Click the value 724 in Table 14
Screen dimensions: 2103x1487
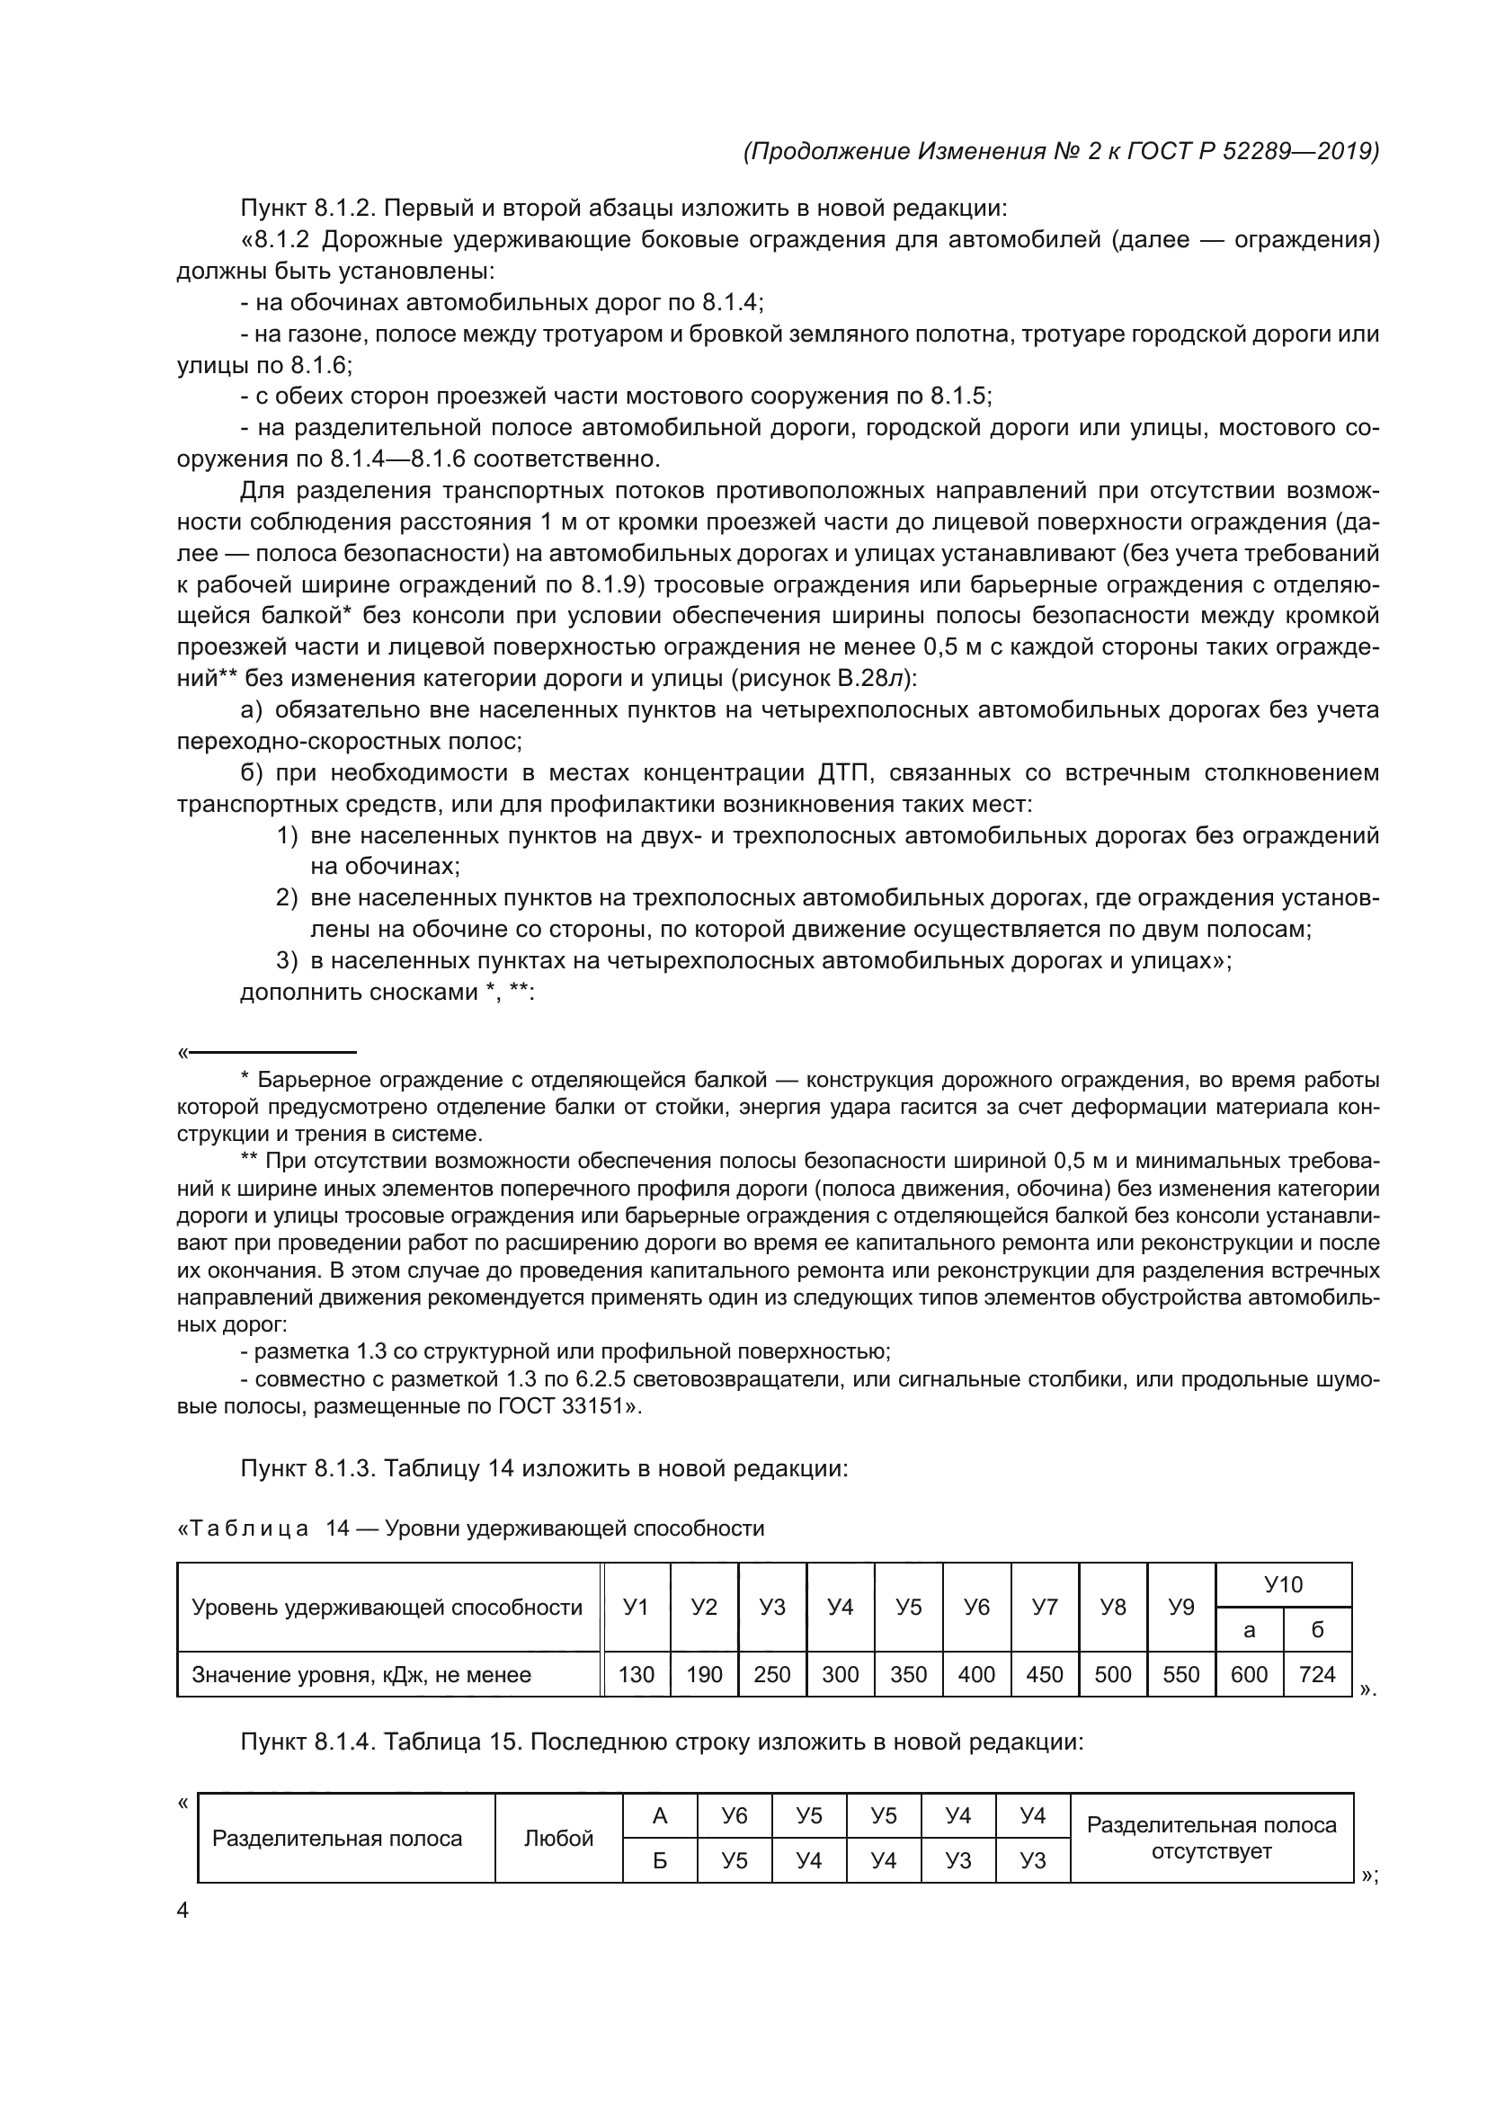click(x=1317, y=1674)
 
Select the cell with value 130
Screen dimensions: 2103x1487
click(x=636, y=1674)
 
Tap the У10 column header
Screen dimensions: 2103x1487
click(x=1283, y=1584)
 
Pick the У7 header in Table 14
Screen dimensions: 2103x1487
click(x=1045, y=1607)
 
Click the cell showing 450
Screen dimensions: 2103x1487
click(x=1045, y=1674)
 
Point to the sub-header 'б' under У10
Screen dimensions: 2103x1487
click(x=1317, y=1629)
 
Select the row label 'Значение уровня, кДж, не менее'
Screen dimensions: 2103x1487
click(x=361, y=1674)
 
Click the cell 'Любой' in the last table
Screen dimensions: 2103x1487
click(x=558, y=1839)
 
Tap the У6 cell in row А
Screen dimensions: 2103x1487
click(x=735, y=1815)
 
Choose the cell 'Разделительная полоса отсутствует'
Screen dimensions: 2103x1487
click(x=1210, y=1839)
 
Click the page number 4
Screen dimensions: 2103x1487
click(x=183, y=1911)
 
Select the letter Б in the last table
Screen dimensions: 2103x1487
click(x=659, y=1860)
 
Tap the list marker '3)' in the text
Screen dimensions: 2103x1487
click(x=288, y=961)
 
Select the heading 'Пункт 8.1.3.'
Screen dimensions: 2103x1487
click(x=307, y=1468)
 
